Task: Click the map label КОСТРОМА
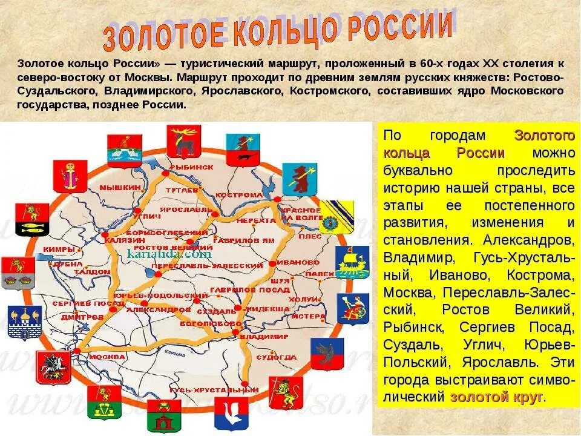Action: tap(240, 195)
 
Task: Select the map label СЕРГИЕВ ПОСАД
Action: tap(80, 302)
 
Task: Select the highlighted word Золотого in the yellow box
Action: tap(543, 135)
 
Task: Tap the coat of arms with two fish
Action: tap(33, 219)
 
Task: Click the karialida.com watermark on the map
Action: tap(169, 254)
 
